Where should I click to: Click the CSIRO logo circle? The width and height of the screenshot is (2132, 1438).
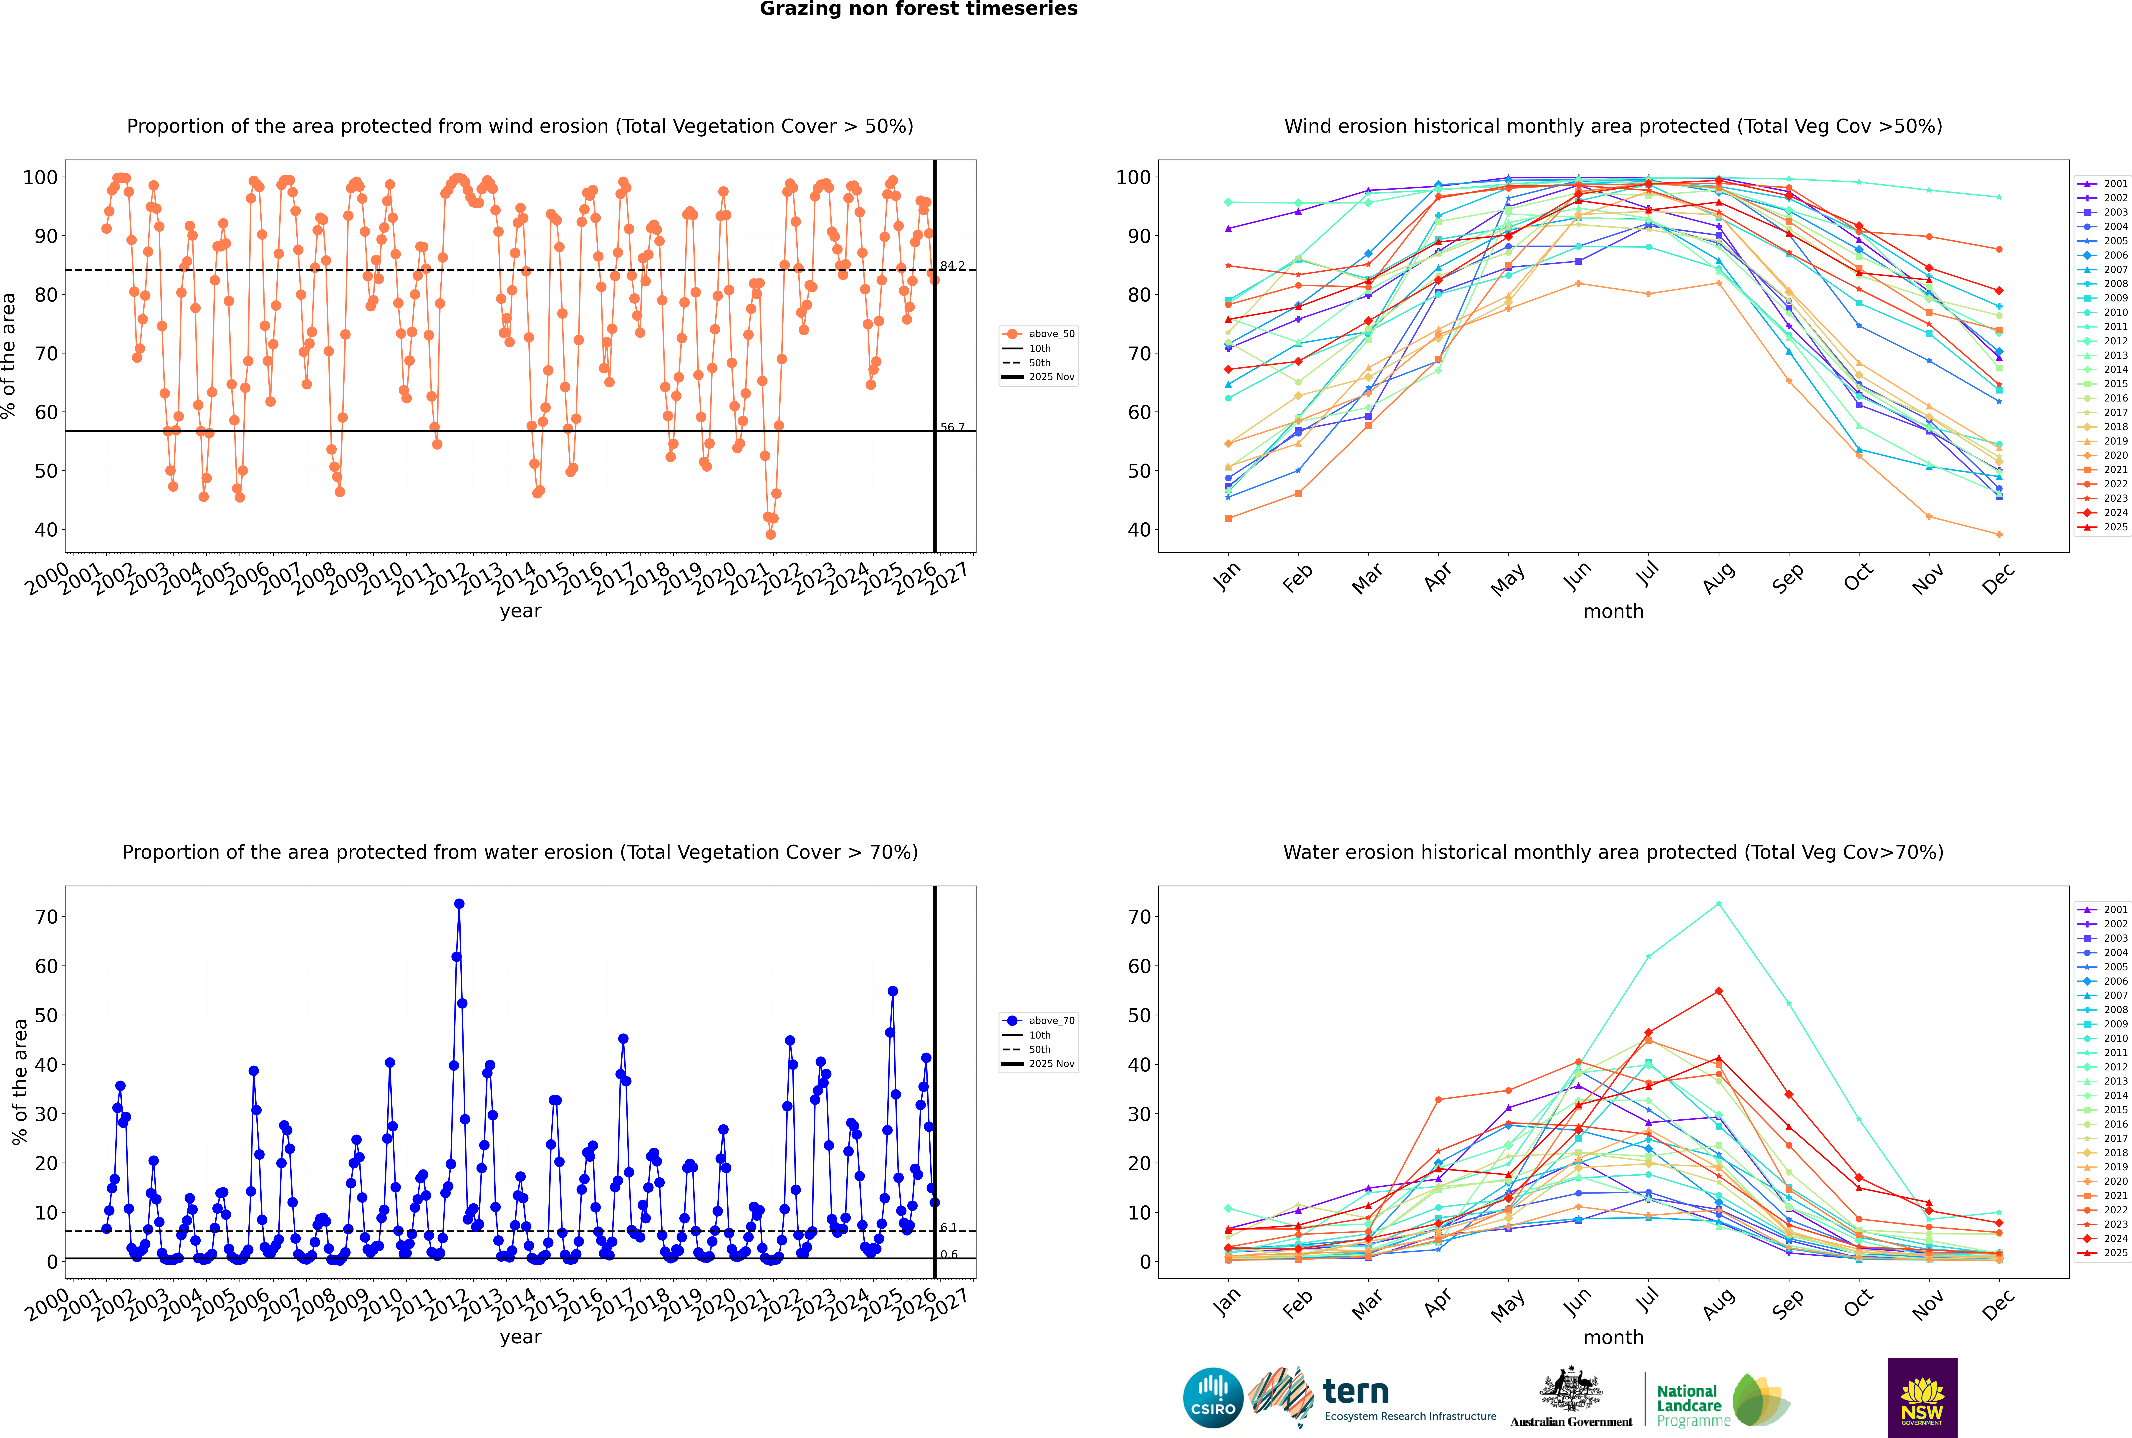(1213, 1398)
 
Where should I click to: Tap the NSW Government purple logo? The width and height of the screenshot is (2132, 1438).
(1922, 1397)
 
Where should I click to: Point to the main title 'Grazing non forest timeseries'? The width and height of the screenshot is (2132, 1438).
(918, 9)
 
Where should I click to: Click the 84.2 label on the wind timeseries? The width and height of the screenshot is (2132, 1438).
(952, 266)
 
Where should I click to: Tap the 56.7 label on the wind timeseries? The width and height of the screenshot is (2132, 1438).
(952, 427)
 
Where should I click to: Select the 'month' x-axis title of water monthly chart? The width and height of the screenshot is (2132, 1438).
(1613, 1337)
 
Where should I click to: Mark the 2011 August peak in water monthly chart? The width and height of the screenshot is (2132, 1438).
(1719, 904)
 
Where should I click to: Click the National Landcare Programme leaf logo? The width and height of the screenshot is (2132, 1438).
(1760, 1400)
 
